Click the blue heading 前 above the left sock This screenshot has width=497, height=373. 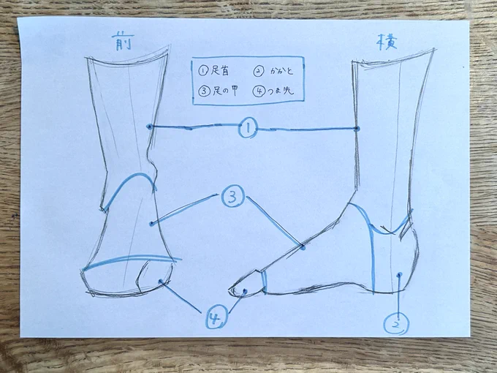point(122,42)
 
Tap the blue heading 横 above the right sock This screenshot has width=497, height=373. point(387,42)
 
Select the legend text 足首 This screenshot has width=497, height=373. point(220,71)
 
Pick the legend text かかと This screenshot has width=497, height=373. point(281,72)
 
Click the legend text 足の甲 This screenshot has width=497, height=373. point(225,91)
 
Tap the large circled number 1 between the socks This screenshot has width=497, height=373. point(248,128)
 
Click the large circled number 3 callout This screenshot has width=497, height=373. point(233,197)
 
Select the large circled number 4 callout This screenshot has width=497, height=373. point(217,317)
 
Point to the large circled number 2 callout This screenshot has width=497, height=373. point(396,324)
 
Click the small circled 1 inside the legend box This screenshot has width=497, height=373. point(203,71)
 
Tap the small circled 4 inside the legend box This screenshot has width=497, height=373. point(259,91)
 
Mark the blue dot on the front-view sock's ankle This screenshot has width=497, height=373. point(149,127)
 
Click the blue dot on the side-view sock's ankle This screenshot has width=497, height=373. point(357,129)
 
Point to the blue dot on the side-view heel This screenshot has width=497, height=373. point(400,274)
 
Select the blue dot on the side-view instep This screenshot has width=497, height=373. point(303,247)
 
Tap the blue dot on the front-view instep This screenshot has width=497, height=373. point(152,224)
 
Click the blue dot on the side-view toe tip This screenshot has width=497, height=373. point(245,290)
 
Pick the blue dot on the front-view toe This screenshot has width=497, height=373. point(161,281)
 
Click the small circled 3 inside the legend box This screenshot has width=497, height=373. point(204,91)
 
